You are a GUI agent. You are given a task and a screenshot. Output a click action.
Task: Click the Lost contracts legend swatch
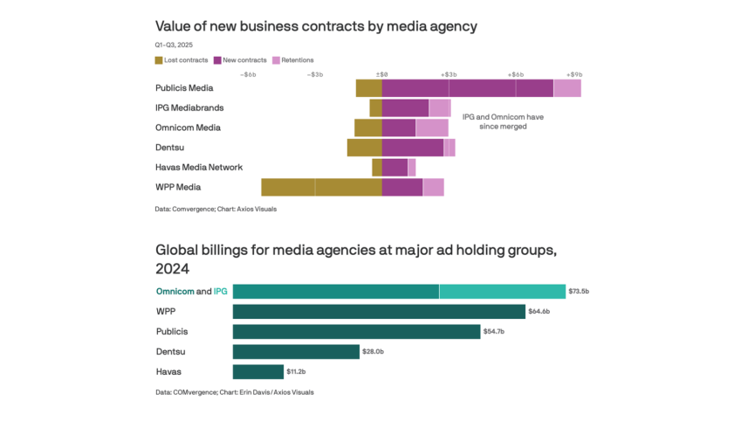[159, 59]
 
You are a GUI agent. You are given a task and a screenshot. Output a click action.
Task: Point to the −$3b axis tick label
[315, 74]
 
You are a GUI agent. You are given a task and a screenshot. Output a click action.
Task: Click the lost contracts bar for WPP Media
[321, 187]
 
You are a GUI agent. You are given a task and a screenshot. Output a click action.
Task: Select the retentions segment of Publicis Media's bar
[567, 88]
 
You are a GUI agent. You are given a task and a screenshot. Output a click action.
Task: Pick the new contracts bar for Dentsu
[412, 148]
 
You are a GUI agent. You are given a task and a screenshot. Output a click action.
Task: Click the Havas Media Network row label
[199, 167]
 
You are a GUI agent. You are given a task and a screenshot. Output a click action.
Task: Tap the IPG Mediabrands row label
[189, 107]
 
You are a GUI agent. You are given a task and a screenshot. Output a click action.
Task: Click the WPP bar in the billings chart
[379, 312]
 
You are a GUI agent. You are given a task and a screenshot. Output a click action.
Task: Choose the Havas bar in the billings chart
[258, 371]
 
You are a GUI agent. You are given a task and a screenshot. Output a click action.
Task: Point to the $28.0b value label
[374, 351]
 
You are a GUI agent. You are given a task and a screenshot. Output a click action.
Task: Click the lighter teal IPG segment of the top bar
[502, 292]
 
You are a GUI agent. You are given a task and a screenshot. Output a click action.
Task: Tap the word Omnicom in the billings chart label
[175, 291]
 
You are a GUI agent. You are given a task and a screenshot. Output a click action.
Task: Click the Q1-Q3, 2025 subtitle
[175, 44]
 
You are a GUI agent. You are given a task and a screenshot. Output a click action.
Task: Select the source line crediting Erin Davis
[235, 392]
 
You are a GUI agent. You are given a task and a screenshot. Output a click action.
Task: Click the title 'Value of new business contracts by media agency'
[316, 26]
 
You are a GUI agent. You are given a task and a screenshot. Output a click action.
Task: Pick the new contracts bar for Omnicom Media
[398, 128]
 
